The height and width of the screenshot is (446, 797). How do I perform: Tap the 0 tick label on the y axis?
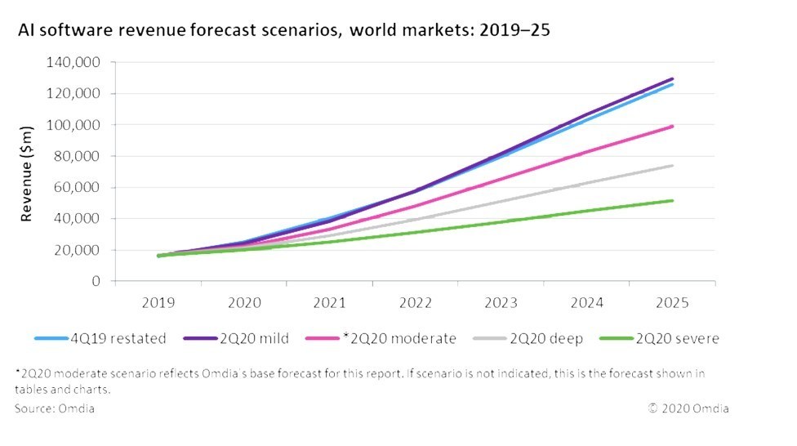[x=96, y=281]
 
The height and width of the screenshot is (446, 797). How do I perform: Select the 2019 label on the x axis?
[x=158, y=302]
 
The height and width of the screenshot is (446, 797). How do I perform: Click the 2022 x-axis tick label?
[x=415, y=302]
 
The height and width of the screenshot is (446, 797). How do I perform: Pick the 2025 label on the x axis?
[x=672, y=302]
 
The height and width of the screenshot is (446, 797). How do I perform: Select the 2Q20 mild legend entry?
[x=248, y=338]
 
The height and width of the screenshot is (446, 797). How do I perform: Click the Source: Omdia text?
[x=54, y=408]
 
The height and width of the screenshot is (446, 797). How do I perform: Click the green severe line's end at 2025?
[x=671, y=200]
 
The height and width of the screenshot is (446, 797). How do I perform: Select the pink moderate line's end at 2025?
[x=671, y=126]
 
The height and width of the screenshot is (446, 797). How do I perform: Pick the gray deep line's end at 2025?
[x=671, y=166]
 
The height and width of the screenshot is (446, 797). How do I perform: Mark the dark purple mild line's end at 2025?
[x=671, y=78]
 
